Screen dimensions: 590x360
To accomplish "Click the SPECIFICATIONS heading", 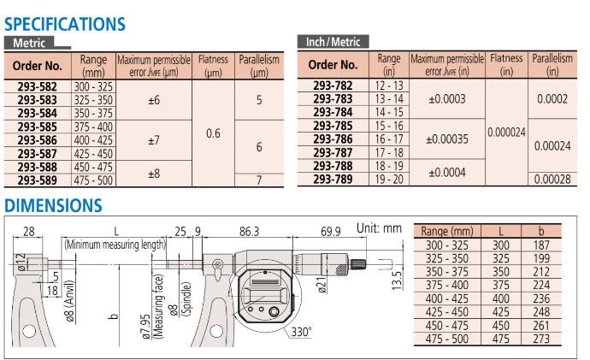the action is click(x=65, y=24).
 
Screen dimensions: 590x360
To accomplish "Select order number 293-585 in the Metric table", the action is click(x=38, y=127).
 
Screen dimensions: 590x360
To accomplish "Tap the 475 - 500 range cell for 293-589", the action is click(x=93, y=180).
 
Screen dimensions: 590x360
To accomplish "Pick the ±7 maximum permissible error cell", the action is click(x=154, y=140).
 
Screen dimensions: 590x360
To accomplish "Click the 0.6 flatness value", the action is click(x=213, y=133).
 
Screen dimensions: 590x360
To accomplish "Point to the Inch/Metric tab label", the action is click(x=333, y=42).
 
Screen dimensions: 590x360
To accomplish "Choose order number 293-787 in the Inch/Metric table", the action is click(x=333, y=153).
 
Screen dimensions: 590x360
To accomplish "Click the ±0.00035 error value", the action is click(x=447, y=139).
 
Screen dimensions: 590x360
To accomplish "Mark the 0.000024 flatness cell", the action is click(x=506, y=133).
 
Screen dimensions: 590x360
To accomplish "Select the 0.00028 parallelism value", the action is click(x=552, y=179).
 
